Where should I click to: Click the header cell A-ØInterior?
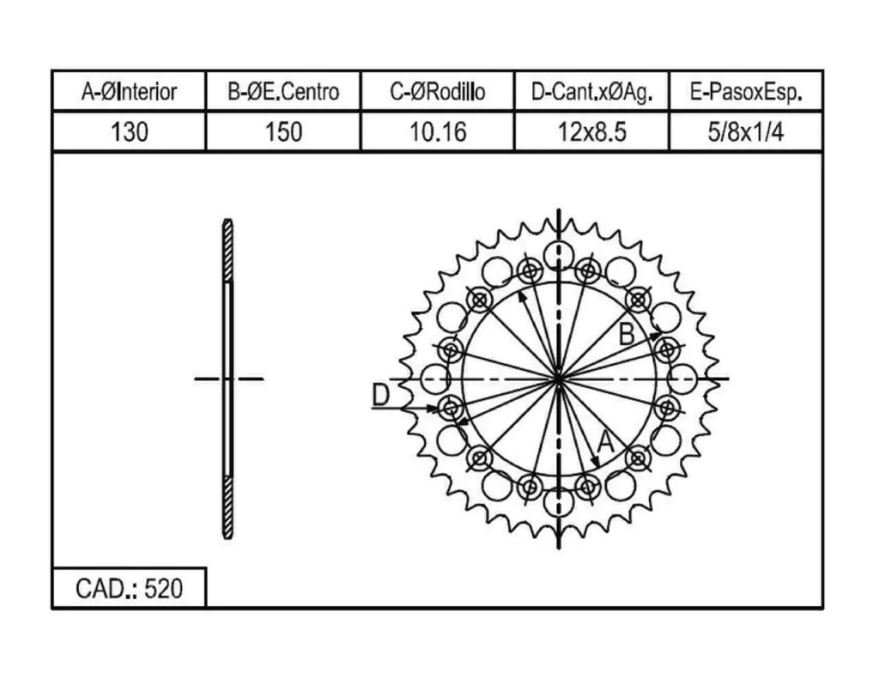pos(129,91)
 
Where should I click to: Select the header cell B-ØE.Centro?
pos(283,91)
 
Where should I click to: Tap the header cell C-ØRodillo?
pos(437,91)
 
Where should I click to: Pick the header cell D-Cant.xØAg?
pos(592,91)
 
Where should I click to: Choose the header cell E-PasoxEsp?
pos(746,91)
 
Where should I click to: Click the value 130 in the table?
pos(129,132)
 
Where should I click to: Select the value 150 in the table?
pos(283,132)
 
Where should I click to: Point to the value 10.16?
pos(437,132)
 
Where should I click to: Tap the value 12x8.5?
pos(592,132)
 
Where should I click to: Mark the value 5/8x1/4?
pos(746,132)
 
